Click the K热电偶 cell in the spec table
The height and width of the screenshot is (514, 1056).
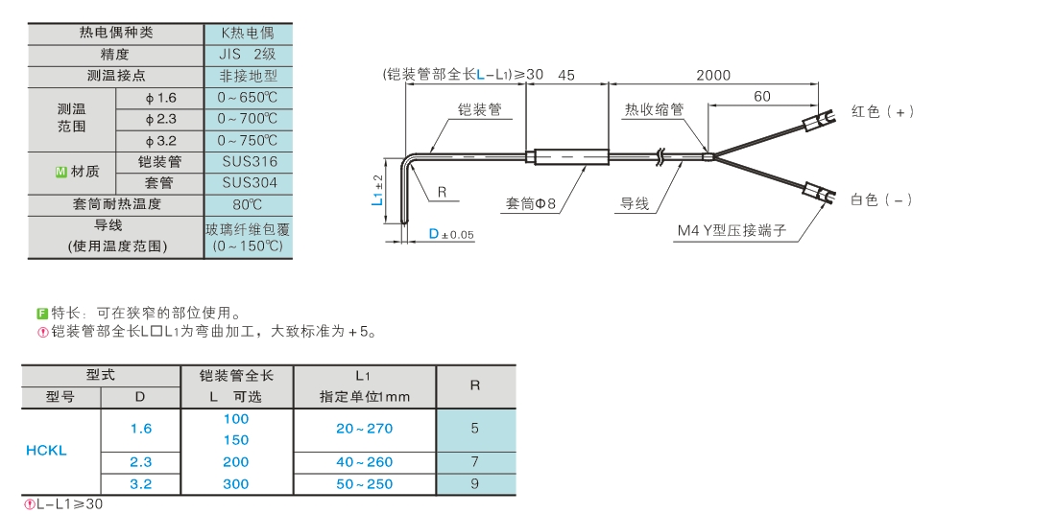[x=248, y=33]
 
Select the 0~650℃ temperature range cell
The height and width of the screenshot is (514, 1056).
[x=248, y=98]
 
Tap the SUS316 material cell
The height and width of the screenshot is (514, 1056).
[x=248, y=162]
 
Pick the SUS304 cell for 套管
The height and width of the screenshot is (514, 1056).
[x=248, y=182]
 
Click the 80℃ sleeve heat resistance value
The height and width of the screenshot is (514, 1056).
[x=248, y=204]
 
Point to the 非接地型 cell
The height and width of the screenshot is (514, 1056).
[x=248, y=76]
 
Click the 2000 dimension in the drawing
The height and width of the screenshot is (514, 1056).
[x=712, y=75]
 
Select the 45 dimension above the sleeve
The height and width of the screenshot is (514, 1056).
[x=565, y=75]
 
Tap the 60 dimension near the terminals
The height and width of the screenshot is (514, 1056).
[x=762, y=96]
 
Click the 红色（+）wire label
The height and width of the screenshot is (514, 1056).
[x=882, y=111]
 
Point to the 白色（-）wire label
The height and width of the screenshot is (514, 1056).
[x=881, y=199]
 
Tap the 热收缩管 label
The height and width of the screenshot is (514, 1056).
[x=654, y=110]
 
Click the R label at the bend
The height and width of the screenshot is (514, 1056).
[x=442, y=192]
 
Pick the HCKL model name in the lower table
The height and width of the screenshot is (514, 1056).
[x=46, y=451]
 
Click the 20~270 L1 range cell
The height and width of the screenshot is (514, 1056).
[x=364, y=429]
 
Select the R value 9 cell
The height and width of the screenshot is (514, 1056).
[x=475, y=484]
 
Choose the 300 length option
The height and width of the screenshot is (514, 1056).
[x=235, y=484]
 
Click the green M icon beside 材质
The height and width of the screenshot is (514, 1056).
[x=60, y=172]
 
